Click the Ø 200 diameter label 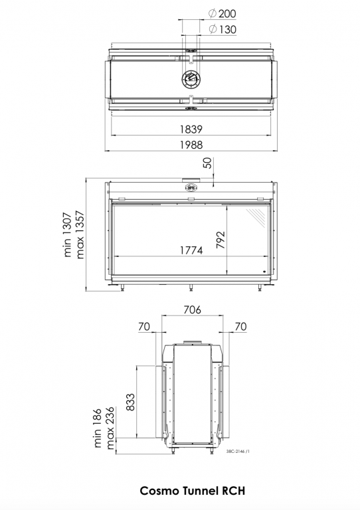pos(222,14)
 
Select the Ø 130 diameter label pos(222,29)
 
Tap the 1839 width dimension pos(191,129)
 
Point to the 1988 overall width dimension pos(191,145)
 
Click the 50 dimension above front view pos(207,163)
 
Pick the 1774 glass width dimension pos(191,250)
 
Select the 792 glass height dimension pos(221,240)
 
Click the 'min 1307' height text pos(67,234)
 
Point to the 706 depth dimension pos(192,309)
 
